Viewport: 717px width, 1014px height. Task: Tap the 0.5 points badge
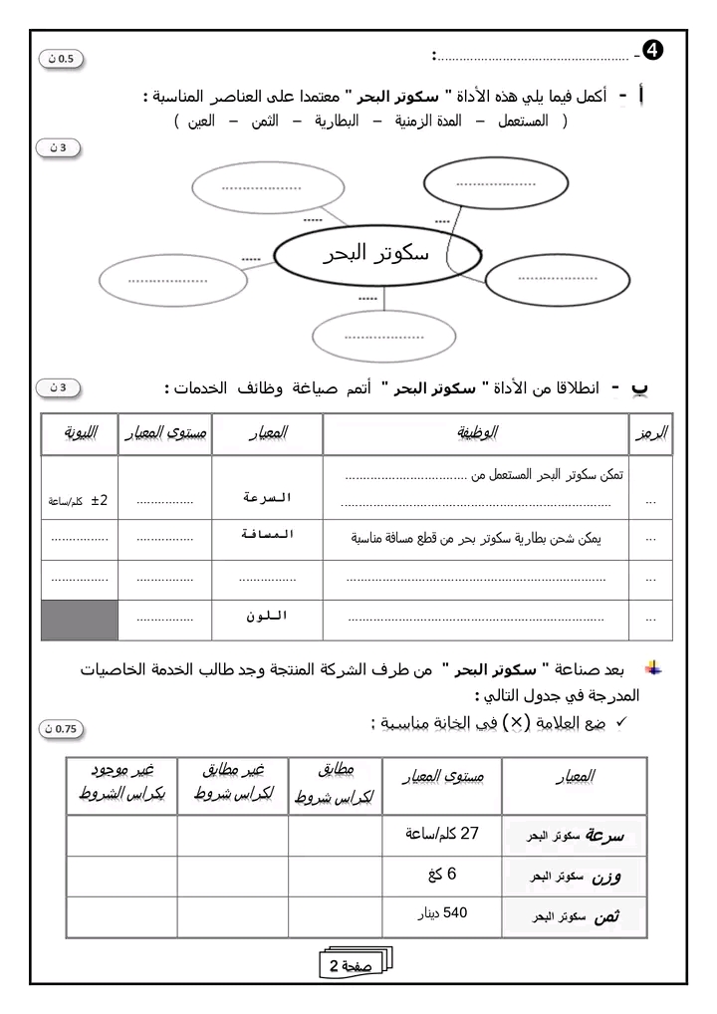[61, 59]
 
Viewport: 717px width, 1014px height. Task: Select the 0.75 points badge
[61, 729]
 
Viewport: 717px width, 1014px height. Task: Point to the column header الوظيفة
[477, 433]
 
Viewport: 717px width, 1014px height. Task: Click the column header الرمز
[652, 433]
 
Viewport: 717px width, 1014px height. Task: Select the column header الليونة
[79, 433]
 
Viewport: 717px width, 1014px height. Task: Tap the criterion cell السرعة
[268, 496]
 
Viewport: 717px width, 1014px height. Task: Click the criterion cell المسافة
[268, 535]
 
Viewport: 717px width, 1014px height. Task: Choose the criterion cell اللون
[268, 617]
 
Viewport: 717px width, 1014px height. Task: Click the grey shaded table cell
[80, 619]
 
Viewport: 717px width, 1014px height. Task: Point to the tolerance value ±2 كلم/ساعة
[80, 500]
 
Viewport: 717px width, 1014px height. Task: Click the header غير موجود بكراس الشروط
[121, 784]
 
